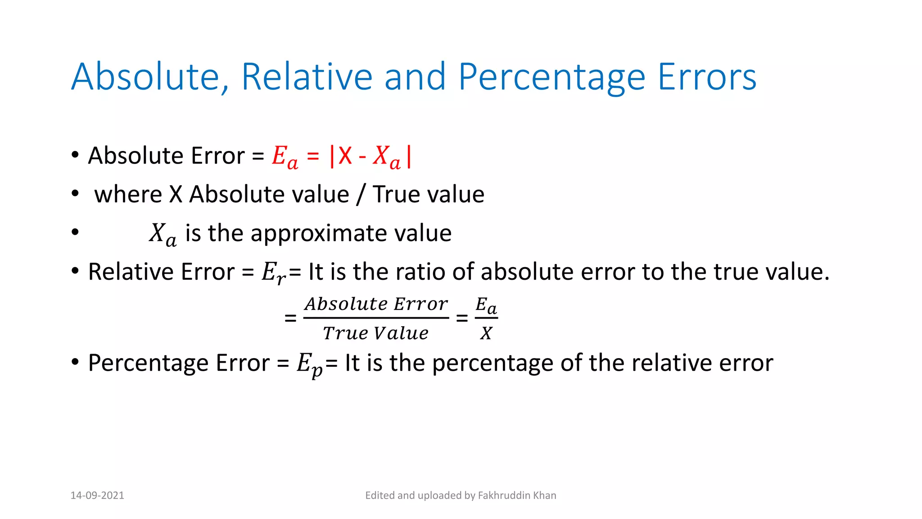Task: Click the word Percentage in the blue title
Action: click(x=552, y=77)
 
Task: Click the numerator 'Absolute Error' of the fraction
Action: click(x=376, y=304)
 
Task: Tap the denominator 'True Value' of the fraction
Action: click(x=376, y=333)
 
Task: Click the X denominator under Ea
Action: click(x=486, y=333)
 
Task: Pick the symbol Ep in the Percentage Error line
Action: click(x=309, y=364)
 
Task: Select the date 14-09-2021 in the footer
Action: click(x=97, y=496)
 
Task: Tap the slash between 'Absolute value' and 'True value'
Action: click(x=360, y=195)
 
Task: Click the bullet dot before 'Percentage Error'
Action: click(x=75, y=362)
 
